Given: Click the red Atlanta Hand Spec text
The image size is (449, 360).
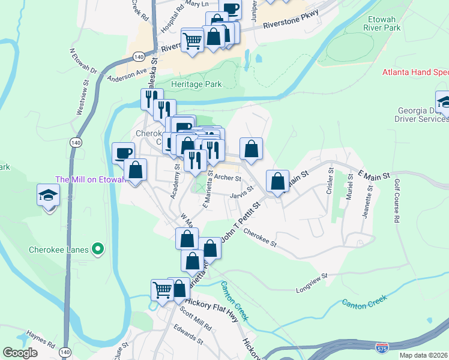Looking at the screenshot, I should pos(415,73).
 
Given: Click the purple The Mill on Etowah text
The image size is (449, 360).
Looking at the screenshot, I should pos(89,179).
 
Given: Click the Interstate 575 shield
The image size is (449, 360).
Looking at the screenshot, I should pos(381,347).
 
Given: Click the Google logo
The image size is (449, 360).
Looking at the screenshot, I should pos(20,353).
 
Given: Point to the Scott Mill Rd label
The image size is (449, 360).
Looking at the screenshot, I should pos(196,319).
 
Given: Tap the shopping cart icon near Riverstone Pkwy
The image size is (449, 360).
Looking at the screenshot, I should pos(193,41).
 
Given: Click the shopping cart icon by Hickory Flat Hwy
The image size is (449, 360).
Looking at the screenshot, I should pos(162,290).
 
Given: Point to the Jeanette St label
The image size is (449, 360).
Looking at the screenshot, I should pos(367,203).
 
